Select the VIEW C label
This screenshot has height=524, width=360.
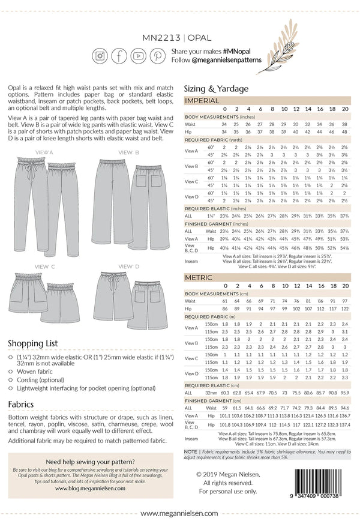click(45, 266)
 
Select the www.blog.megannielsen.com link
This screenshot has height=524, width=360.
click(89, 489)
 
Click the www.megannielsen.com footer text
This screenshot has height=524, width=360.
click(179, 513)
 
